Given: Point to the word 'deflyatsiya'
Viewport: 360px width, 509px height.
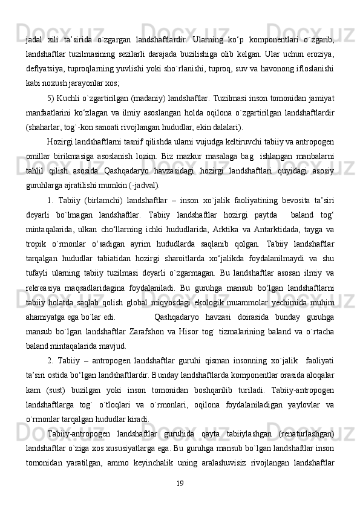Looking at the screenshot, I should [x=44, y=70].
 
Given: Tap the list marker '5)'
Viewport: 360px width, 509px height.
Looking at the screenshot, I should [x=51, y=99].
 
